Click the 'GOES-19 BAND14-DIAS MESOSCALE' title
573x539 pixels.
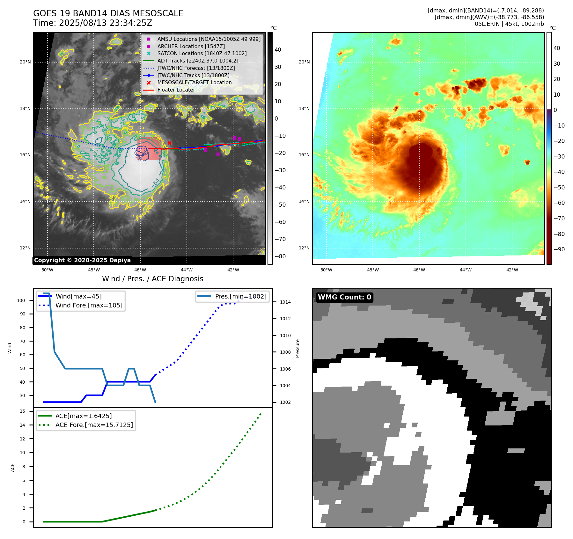pyautogui.click(x=108, y=13)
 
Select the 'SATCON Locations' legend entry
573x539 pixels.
pyautogui.click(x=202, y=53)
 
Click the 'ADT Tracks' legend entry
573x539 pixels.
pyautogui.click(x=198, y=61)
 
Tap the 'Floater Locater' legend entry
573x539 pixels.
pyautogui.click(x=176, y=90)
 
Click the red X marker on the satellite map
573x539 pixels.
pyautogui.click(x=169, y=143)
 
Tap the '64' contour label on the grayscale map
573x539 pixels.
pyautogui.click(x=157, y=182)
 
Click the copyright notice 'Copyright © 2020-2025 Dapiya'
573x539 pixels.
pyautogui.click(x=82, y=260)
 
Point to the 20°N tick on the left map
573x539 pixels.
pyautogui.click(x=25, y=62)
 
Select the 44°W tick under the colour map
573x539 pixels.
pyautogui.click(x=466, y=270)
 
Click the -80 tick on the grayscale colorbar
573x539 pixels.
pyautogui.click(x=280, y=256)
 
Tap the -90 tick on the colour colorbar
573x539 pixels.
pyautogui.click(x=559, y=249)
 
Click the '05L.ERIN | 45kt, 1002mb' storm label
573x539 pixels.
pyautogui.click(x=509, y=24)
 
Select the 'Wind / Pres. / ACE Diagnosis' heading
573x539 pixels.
pyautogui.click(x=152, y=279)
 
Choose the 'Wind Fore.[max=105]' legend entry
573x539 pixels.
pyautogui.click(x=89, y=305)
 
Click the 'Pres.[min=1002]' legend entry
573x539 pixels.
pyautogui.click(x=240, y=296)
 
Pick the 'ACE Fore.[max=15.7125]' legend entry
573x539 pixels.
pyautogui.click(x=94, y=425)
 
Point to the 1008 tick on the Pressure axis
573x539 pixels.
pyautogui.click(x=285, y=352)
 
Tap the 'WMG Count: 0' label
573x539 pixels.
pyautogui.click(x=344, y=297)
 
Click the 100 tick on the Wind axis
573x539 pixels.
pyautogui.click(x=21, y=300)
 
